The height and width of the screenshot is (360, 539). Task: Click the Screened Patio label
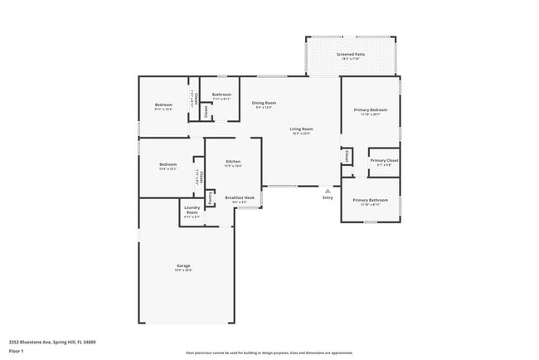tap(350, 55)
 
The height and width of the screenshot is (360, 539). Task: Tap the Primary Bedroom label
tap(370, 109)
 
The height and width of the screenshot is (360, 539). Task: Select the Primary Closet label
tap(384, 160)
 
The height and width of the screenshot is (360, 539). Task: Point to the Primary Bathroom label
tap(370, 201)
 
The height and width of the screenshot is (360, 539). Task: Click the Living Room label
tap(301, 129)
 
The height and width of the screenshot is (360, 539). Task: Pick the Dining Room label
tap(265, 103)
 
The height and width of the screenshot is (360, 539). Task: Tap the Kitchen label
tap(233, 161)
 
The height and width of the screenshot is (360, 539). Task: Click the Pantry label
tap(211, 199)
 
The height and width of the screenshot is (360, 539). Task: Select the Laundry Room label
tap(192, 210)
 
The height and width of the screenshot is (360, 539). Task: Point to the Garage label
tap(182, 266)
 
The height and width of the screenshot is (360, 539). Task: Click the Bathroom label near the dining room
tap(221, 95)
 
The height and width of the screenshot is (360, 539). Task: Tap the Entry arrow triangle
tap(328, 191)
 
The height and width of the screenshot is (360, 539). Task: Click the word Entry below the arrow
tap(328, 197)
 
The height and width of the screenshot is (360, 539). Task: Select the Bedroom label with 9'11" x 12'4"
tap(163, 105)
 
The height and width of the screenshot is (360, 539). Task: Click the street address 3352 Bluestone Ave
tap(52, 342)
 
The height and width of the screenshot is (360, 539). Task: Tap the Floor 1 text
tap(17, 351)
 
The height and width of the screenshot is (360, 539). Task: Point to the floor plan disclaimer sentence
tap(269, 353)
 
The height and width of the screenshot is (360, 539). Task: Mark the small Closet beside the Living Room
tap(344, 156)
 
